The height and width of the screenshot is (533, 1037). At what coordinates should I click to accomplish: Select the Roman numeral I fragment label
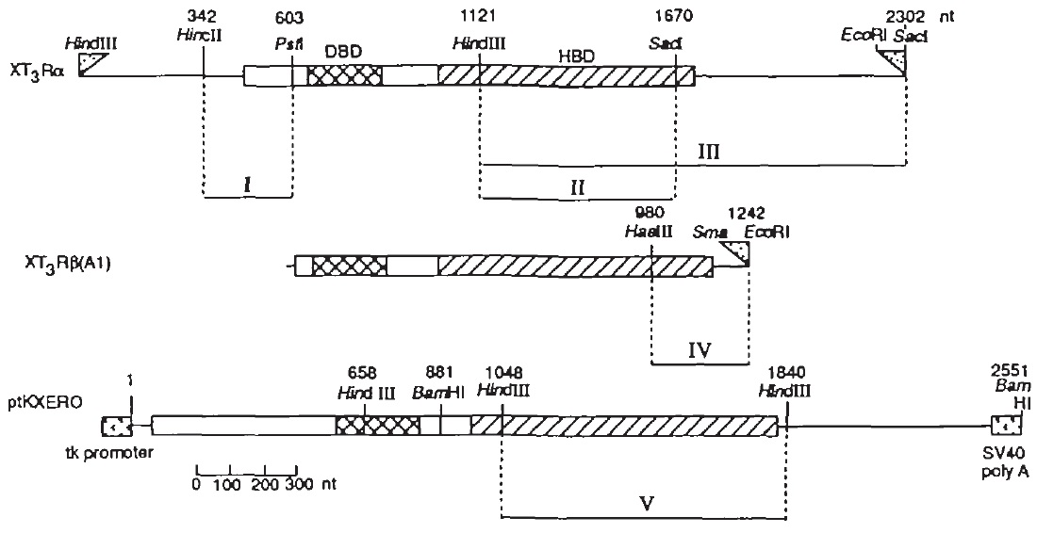click(246, 185)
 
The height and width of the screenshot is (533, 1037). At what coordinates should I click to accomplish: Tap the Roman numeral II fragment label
click(577, 186)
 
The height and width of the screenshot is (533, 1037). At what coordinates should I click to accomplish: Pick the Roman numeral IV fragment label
click(699, 350)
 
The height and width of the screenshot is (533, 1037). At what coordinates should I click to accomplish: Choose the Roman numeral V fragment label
click(643, 503)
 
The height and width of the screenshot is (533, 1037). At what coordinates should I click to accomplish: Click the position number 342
click(203, 17)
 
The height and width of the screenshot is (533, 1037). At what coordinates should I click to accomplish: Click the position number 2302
click(907, 17)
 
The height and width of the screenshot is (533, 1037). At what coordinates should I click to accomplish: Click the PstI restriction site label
click(289, 44)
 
